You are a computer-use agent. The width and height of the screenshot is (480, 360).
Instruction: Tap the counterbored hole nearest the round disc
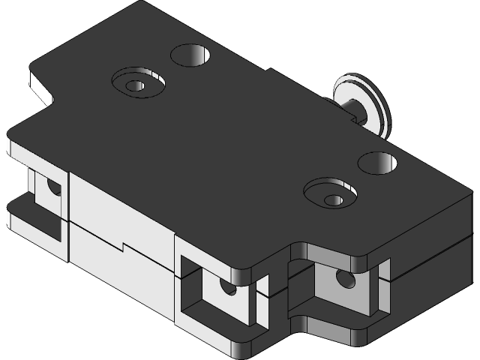pos(330,193)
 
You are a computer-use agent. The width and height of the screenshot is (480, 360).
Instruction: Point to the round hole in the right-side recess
pos(345,280)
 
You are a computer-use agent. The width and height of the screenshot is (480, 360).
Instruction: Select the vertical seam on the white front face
pos(70,217)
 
